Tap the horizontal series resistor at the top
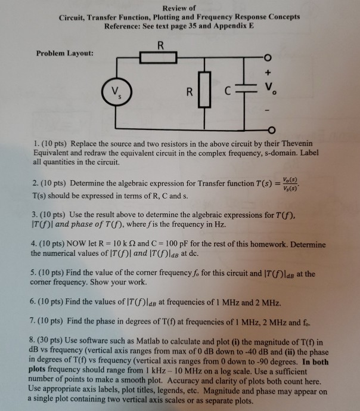pyautogui.click(x=158, y=58)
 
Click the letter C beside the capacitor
pyautogui.click(x=228, y=93)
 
